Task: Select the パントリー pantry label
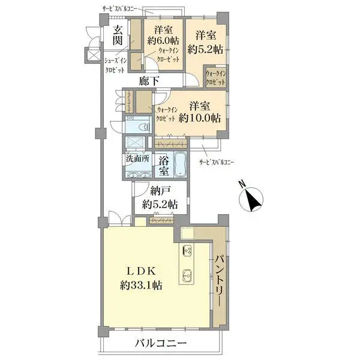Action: point(220,281)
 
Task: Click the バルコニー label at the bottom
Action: point(160,344)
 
